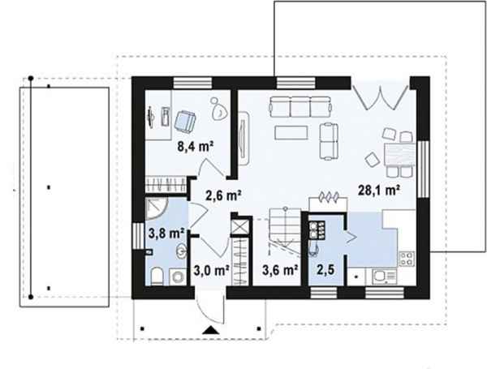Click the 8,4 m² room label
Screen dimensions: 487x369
pyautogui.click(x=196, y=146)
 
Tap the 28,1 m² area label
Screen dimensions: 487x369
pyautogui.click(x=378, y=190)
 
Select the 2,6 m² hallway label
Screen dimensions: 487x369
pyautogui.click(x=224, y=195)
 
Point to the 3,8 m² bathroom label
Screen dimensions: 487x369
pyautogui.click(x=166, y=233)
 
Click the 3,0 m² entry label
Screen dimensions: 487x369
pyautogui.click(x=212, y=270)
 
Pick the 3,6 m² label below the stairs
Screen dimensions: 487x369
pyautogui.click(x=280, y=270)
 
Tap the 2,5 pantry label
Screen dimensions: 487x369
pyautogui.click(x=325, y=270)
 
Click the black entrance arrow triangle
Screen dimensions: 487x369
pyautogui.click(x=211, y=330)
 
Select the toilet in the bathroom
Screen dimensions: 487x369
pyautogui.click(x=157, y=277)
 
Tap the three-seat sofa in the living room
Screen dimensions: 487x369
pyautogui.click(x=300, y=107)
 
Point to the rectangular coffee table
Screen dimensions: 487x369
pyautogui.click(x=291, y=132)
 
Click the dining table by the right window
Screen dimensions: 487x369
pyautogui.click(x=399, y=154)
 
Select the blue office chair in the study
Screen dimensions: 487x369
pyautogui.click(x=185, y=120)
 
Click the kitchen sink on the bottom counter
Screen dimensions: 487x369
pyautogui.click(x=385, y=277)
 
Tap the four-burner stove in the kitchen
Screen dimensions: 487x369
pyautogui.click(x=407, y=259)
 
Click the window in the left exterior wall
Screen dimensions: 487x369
pyautogui.click(x=138, y=236)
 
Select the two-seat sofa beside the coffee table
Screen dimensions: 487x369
pyautogui.click(x=329, y=141)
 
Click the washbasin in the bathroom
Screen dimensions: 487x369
pyautogui.click(x=181, y=251)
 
